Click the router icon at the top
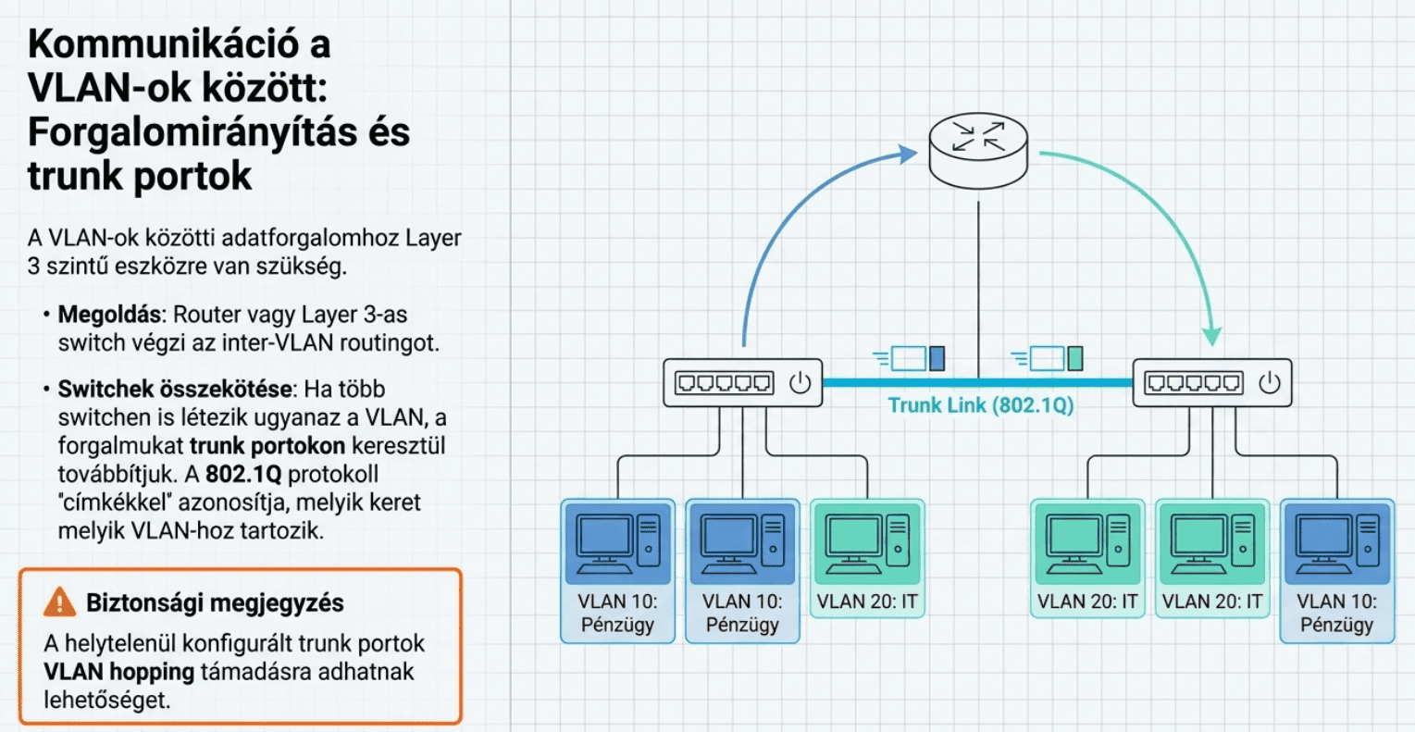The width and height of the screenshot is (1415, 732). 978,148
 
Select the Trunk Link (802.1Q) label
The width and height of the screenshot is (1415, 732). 980,405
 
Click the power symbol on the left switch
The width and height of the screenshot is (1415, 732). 800,383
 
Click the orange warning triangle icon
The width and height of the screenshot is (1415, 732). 60,602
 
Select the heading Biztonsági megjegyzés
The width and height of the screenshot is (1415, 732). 215,603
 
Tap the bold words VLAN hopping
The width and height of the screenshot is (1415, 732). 118,672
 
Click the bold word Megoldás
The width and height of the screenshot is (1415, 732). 108,314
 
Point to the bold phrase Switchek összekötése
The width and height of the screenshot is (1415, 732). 175,389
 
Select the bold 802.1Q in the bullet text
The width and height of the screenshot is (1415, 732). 242,474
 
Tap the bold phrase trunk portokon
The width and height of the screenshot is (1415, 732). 267,445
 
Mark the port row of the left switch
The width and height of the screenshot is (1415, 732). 724,383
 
